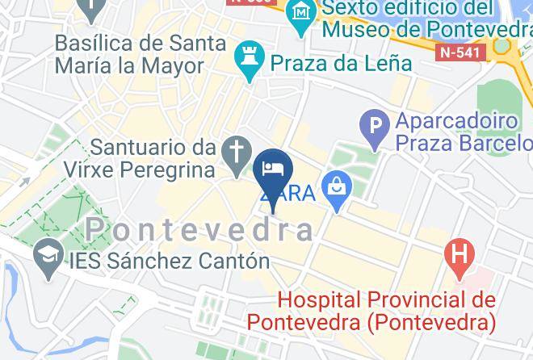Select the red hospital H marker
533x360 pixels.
pos(460,256)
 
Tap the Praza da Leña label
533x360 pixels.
pos(342,62)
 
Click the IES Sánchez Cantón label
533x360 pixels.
pos(158,261)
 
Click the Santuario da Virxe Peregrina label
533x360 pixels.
pos(153,159)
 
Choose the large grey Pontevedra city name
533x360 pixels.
pos(199,230)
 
